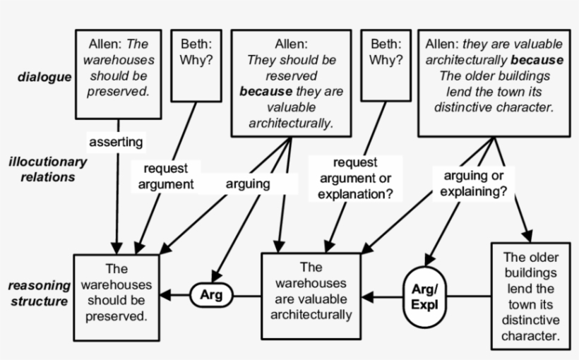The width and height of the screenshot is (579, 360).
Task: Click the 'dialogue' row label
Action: point(44,77)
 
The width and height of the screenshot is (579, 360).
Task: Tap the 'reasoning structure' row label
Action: point(39,294)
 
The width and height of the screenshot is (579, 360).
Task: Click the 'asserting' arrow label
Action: point(116,142)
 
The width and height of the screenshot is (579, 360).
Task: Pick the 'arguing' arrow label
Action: point(248,184)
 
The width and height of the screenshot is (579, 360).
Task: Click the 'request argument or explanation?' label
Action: point(355,179)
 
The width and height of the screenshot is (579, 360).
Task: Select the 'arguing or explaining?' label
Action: point(474,183)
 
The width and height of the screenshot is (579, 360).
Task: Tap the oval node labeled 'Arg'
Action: point(211,295)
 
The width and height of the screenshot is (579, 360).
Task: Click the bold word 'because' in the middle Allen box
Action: point(265,92)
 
